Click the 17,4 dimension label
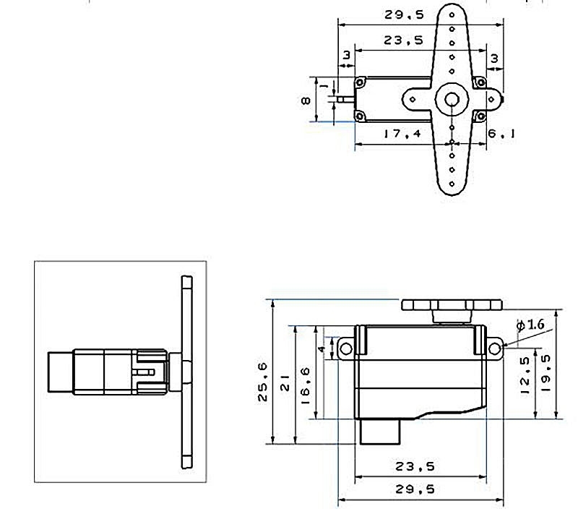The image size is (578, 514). point(402,133)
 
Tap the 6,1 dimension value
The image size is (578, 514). point(501,134)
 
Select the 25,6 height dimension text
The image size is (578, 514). point(262,382)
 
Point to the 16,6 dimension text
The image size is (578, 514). point(306,386)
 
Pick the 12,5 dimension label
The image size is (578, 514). point(525,375)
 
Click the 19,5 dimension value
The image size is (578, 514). point(545,373)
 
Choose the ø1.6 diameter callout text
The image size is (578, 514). point(530,325)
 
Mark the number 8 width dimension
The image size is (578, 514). point(306,100)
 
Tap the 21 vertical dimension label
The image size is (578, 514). point(285,382)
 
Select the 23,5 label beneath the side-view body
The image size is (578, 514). point(415,466)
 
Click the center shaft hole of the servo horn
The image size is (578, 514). point(452,99)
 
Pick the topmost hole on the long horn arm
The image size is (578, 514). point(452,14)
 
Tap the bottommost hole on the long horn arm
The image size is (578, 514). point(452,184)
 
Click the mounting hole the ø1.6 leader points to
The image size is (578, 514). point(494,348)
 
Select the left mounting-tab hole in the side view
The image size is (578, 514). point(345,348)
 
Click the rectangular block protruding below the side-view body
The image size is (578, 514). point(380,432)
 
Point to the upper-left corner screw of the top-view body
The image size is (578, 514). point(360,82)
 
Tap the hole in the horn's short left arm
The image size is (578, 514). point(413,99)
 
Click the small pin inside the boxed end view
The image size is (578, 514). point(143,372)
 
